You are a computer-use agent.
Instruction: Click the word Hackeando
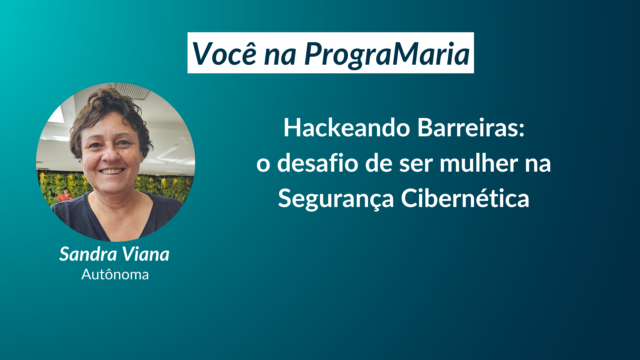346,128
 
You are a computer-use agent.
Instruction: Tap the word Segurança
336,199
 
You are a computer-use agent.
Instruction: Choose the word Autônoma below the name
115,275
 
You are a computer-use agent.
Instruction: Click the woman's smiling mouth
112,171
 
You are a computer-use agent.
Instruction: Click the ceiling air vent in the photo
133,90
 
